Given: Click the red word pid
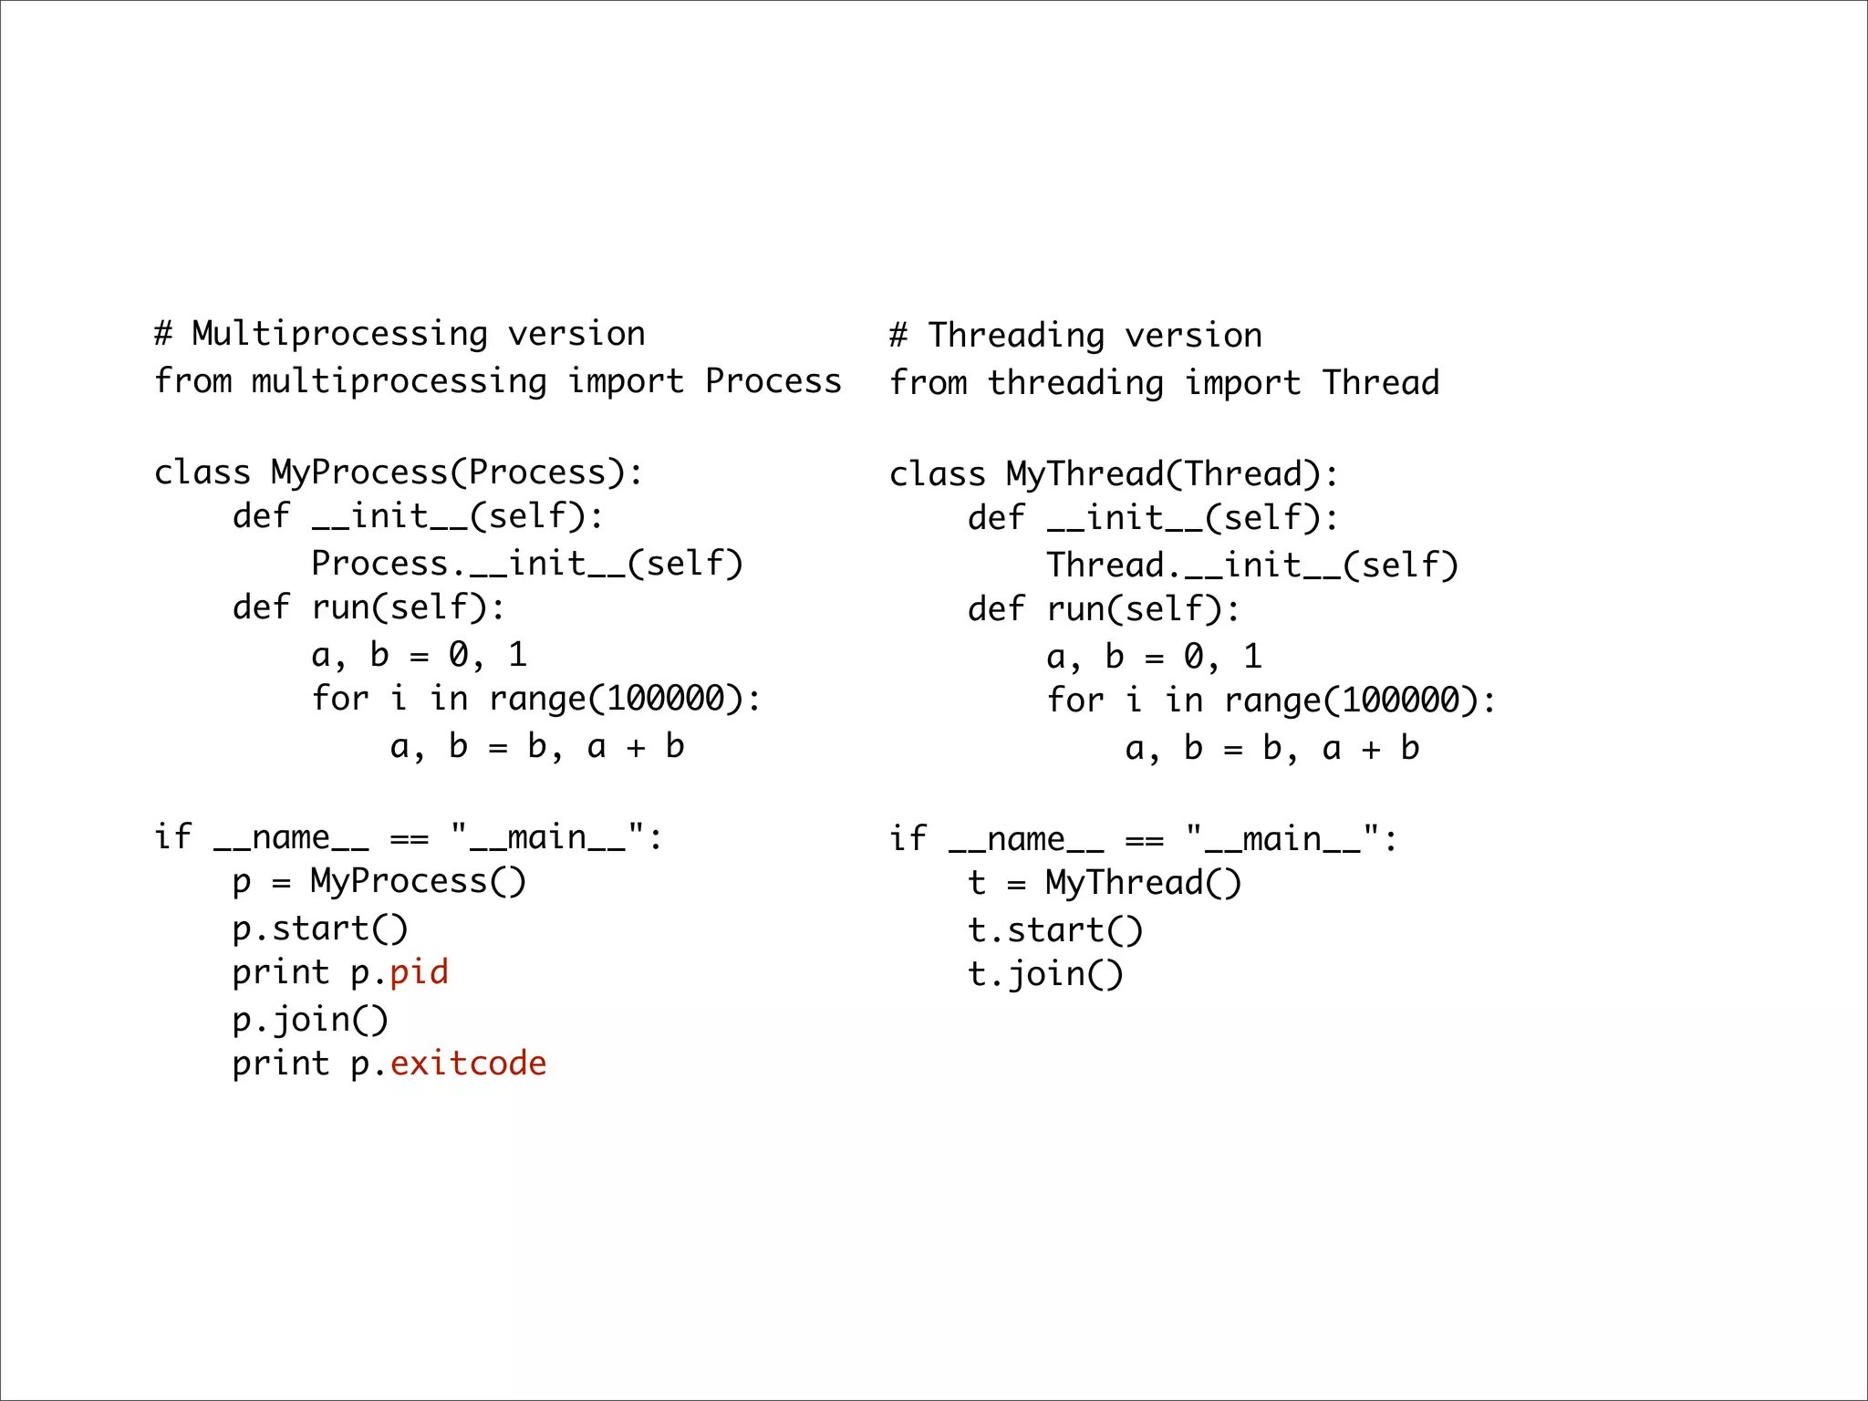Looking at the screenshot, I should (x=419, y=973).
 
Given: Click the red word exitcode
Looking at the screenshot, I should (x=468, y=1064).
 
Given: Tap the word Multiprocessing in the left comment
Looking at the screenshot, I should (x=339, y=335).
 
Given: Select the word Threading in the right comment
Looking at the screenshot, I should (x=1016, y=337).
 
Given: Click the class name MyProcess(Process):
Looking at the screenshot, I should (x=457, y=472).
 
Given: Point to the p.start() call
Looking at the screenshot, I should (x=319, y=929).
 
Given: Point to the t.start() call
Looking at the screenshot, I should (x=1054, y=930).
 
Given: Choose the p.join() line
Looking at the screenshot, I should (x=310, y=1020).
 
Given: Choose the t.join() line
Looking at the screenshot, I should (x=1045, y=974).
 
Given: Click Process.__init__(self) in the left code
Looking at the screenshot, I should (x=527, y=564).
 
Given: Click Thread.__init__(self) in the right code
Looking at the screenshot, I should (x=1252, y=566).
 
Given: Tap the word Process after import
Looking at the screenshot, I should (x=773, y=381).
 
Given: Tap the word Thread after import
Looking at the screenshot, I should (x=1381, y=383).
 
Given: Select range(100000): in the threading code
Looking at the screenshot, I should (x=1360, y=700).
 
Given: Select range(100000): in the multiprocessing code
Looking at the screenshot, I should (x=625, y=699).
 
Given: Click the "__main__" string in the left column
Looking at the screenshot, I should (x=547, y=836).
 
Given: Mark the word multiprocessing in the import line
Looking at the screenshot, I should (x=400, y=381).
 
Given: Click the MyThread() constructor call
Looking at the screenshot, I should (x=1143, y=883).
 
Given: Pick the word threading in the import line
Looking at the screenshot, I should (x=1075, y=383).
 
